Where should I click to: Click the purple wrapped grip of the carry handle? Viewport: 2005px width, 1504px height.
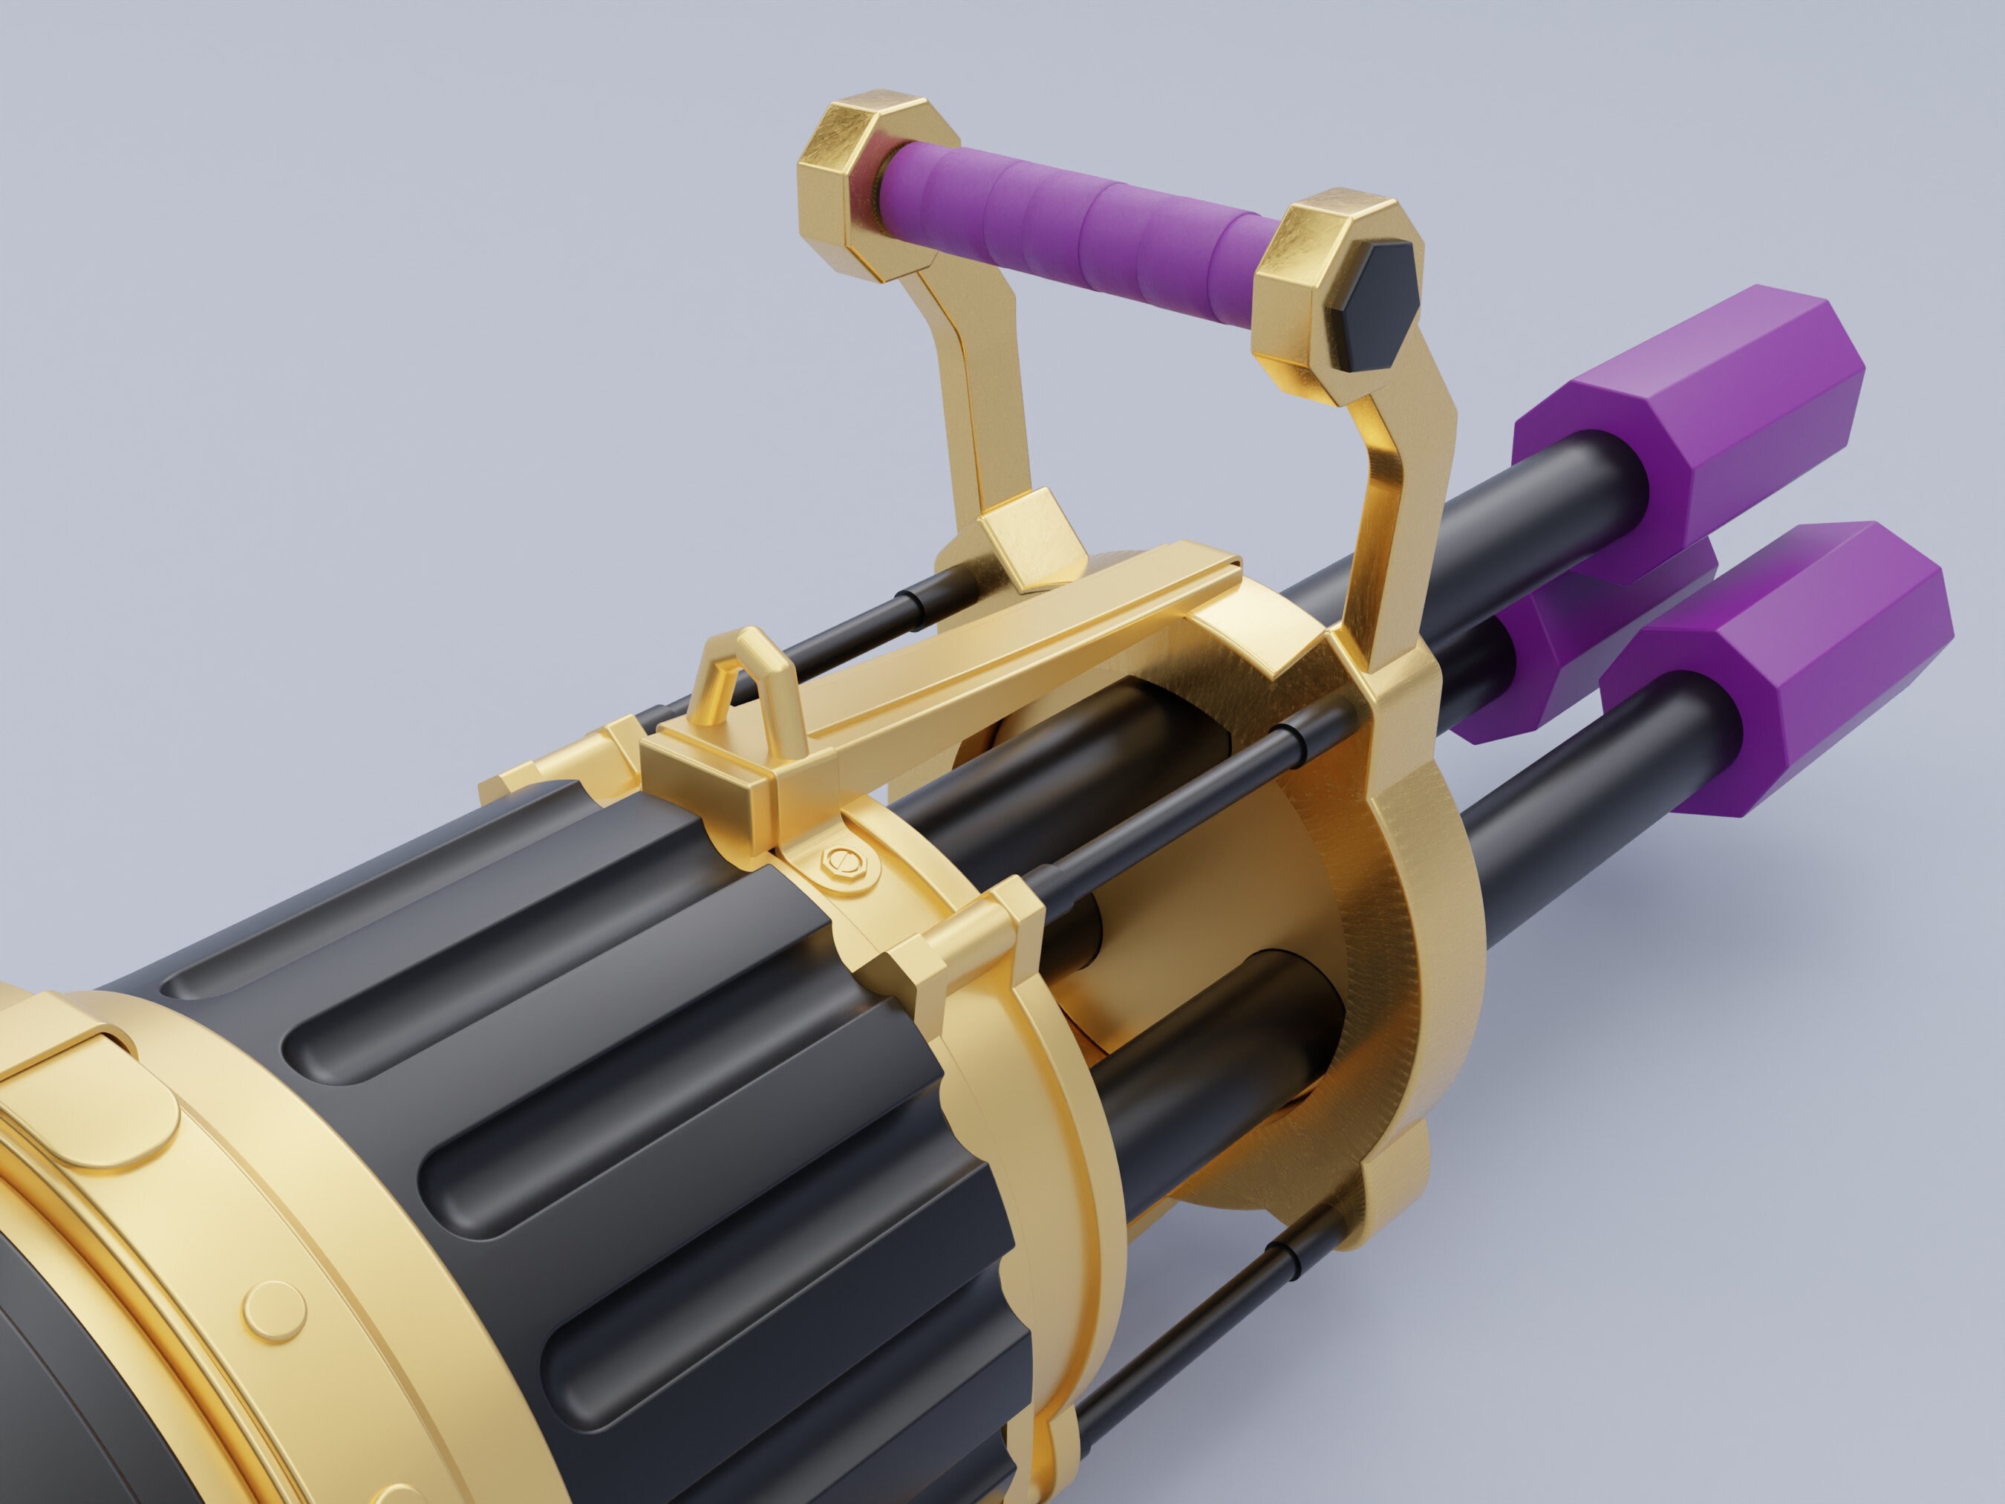click(x=1069, y=211)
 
